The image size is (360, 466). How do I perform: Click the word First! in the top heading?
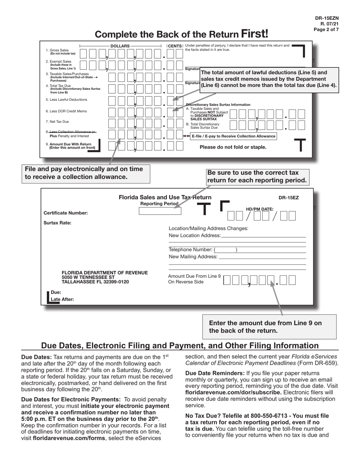(254, 34)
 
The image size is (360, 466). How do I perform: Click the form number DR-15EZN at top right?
(327, 18)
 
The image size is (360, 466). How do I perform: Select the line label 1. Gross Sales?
(57, 50)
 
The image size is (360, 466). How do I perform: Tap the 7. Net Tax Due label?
(57, 122)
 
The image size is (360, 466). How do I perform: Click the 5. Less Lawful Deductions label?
(66, 100)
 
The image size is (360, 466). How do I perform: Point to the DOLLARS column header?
(120, 46)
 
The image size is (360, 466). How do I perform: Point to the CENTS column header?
(175, 46)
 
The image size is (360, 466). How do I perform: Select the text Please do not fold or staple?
(233, 147)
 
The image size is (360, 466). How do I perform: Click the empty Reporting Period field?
(160, 211)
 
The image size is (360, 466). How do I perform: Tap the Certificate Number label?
(66, 213)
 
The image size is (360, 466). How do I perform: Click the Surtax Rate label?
(58, 223)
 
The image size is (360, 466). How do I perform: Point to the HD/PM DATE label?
(260, 209)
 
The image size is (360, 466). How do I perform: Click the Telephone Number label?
(190, 250)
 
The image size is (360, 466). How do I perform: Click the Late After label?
(62, 299)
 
